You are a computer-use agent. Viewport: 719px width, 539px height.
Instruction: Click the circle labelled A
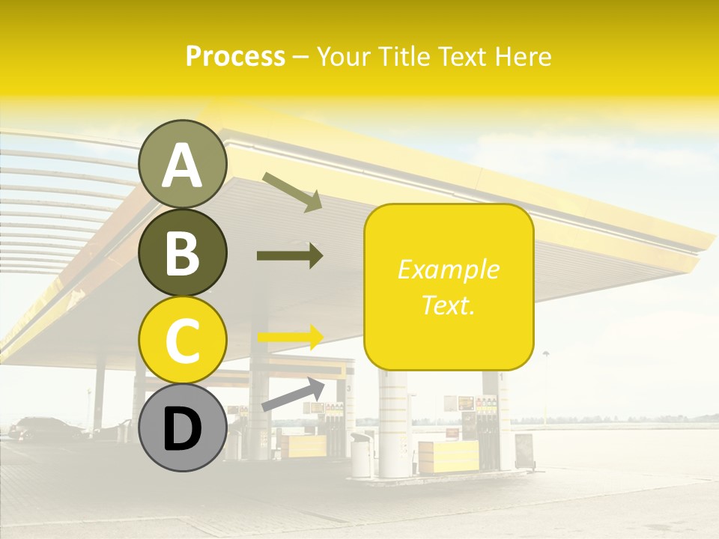click(182, 165)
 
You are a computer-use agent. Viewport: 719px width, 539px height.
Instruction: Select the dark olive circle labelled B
click(182, 253)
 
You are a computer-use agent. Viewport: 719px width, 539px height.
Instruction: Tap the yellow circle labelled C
click(182, 340)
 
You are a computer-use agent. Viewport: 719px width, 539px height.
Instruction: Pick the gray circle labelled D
click(182, 427)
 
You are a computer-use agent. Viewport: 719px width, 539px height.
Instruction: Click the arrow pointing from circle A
click(293, 191)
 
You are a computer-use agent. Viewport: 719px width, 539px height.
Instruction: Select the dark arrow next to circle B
click(290, 255)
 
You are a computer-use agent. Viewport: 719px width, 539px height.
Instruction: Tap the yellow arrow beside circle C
click(290, 337)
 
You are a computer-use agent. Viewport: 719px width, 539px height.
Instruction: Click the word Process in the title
click(235, 56)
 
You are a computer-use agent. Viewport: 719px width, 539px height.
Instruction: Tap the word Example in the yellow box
click(448, 269)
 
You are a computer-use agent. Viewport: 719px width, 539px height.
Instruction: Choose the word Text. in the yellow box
click(448, 305)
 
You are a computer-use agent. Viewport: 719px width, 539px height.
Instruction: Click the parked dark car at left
click(45, 428)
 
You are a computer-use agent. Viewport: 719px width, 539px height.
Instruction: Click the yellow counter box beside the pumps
click(448, 456)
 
